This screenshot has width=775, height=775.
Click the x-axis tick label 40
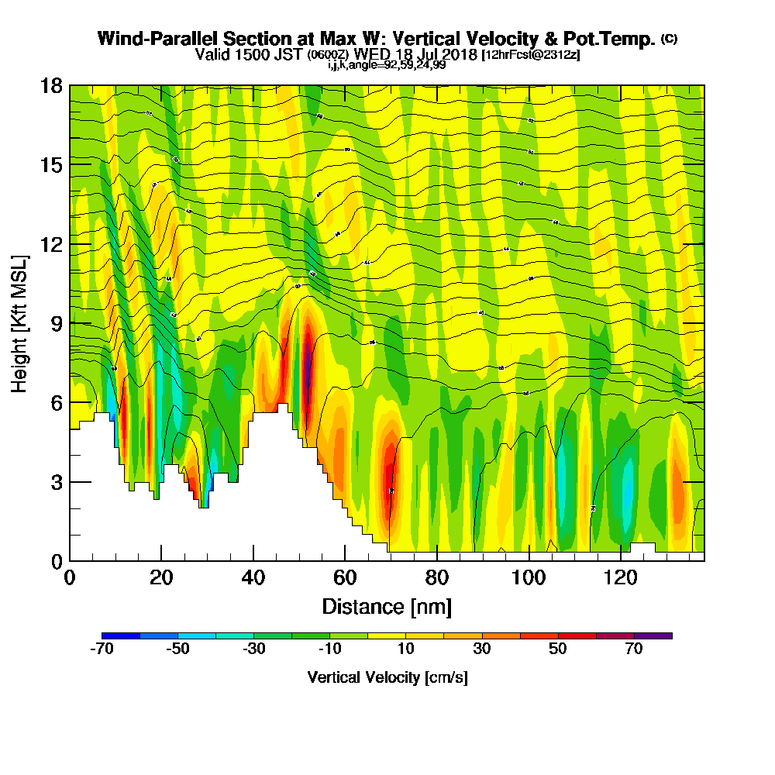tap(253, 578)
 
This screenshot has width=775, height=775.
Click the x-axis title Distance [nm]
tap(387, 606)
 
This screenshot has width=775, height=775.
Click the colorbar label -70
tap(102, 649)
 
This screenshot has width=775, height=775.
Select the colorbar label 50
tap(558, 649)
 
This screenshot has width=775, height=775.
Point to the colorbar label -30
tap(254, 649)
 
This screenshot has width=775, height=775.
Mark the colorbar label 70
tap(634, 649)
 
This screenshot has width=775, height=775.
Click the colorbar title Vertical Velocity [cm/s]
tap(387, 677)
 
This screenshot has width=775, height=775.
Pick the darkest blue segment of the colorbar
tap(121, 635)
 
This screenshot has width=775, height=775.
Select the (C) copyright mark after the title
tap(669, 39)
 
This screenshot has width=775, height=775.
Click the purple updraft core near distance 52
tap(308, 370)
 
